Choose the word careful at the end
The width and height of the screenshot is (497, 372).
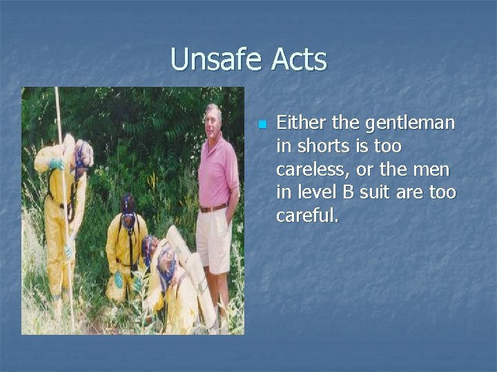(x=307, y=216)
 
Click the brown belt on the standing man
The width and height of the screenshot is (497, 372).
(x=213, y=207)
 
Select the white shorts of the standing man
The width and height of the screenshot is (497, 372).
(x=213, y=238)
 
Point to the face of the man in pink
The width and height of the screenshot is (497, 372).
(x=212, y=121)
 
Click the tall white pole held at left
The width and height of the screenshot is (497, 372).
(x=64, y=207)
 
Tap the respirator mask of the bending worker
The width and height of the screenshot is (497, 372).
(x=83, y=157)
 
